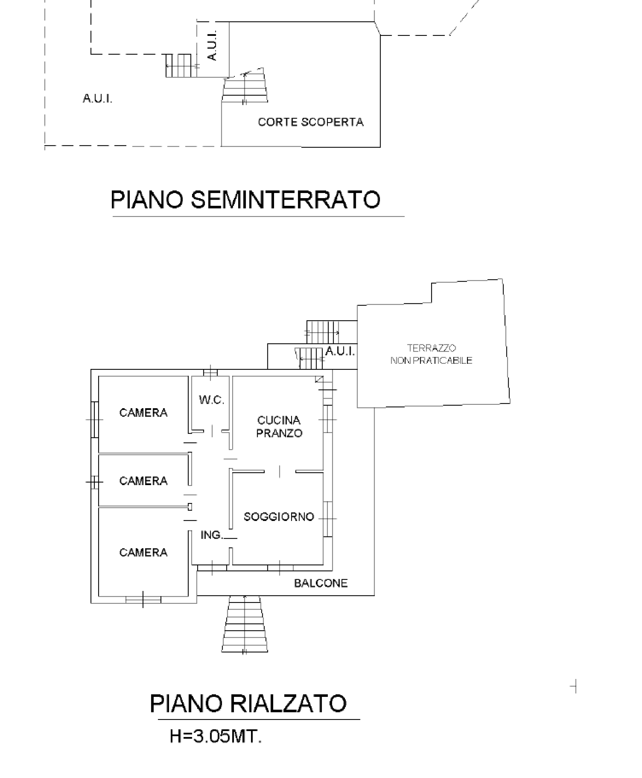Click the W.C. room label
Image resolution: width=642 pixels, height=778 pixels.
click(x=211, y=400)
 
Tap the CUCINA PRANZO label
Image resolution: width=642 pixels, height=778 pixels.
click(x=279, y=427)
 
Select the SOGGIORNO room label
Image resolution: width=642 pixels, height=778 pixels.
click(x=279, y=517)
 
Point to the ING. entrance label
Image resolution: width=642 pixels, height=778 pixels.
click(x=211, y=535)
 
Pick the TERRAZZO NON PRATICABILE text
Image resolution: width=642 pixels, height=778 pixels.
click(x=431, y=354)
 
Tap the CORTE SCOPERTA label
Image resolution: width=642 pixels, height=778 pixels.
click(x=311, y=122)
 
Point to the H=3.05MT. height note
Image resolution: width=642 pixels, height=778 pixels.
click(x=216, y=736)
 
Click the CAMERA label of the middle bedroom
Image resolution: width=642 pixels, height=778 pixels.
click(x=143, y=481)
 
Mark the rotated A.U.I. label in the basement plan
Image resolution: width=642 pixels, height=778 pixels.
click(x=212, y=46)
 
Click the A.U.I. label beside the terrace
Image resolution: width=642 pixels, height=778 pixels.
click(x=340, y=351)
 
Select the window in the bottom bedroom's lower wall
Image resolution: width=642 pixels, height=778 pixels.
click(x=143, y=600)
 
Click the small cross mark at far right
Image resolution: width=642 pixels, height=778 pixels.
click(x=574, y=687)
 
